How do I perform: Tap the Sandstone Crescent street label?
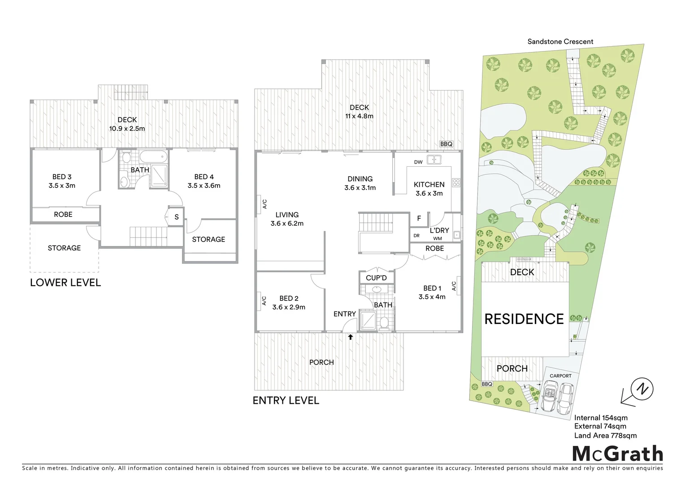coord(560,42)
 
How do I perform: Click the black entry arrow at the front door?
coord(350,337)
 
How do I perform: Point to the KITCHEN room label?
coord(429,185)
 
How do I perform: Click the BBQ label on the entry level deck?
coord(446,144)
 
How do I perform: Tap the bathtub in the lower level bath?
coord(153,157)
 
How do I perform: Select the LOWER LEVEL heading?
coord(65,282)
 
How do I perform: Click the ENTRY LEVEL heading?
coord(286,400)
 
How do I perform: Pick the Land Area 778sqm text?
coord(605,435)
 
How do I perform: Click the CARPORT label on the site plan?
coord(560,376)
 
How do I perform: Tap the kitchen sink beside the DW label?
coord(434,160)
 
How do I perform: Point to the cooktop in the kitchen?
coord(456,182)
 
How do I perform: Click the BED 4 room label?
coord(204,177)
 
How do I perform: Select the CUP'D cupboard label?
coord(376,278)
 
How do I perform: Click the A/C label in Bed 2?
coord(264,301)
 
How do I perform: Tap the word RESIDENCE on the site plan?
coord(524,319)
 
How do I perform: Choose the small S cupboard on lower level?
coord(176,217)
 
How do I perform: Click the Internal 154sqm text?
coord(601,418)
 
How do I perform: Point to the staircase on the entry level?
coord(375,223)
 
